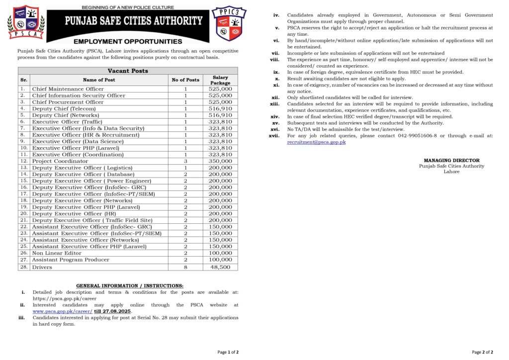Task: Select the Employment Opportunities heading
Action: [x=128, y=41]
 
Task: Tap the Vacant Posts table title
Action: [x=128, y=71]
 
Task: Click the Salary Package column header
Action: [x=220, y=80]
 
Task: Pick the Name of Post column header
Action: [x=99, y=80]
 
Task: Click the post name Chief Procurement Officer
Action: [x=68, y=102]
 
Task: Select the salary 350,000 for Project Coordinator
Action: [x=220, y=161]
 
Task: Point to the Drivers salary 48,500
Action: [x=220, y=267]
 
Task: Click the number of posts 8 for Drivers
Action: [x=185, y=267]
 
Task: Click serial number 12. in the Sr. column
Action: [x=23, y=161]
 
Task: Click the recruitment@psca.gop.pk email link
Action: [x=316, y=142]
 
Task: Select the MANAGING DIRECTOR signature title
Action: [x=451, y=161]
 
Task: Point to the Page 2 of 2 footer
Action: [x=482, y=352]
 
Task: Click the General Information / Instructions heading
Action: [x=130, y=286]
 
